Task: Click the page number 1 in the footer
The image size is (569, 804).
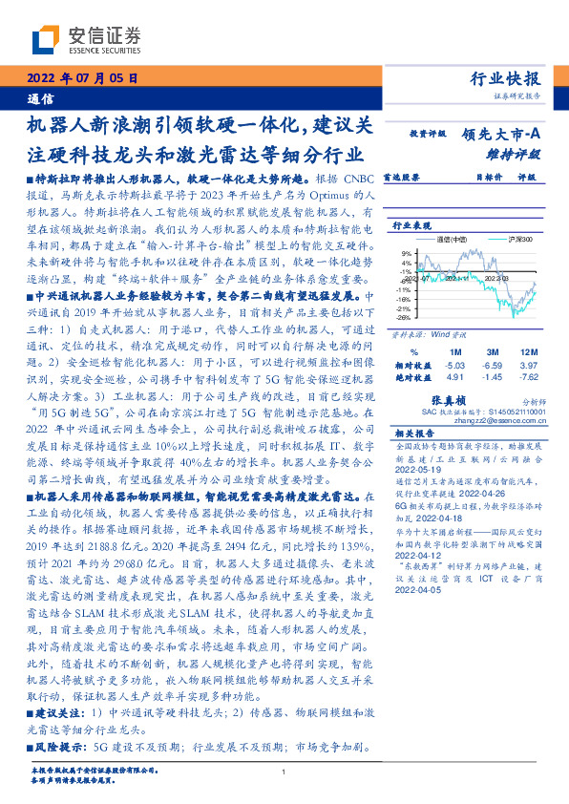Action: point(284,773)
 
